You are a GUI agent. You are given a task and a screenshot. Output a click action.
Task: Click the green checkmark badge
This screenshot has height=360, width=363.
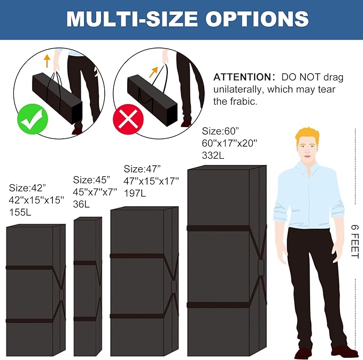coord(33,119)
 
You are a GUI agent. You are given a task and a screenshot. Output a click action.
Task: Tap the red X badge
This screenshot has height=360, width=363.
coord(128,119)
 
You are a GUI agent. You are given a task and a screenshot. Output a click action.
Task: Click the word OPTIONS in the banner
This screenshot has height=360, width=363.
coord(257,19)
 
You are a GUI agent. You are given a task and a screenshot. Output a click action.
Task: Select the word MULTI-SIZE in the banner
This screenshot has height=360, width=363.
coord(132,19)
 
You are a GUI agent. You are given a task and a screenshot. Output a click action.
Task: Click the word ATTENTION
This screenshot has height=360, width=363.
coord(244,77)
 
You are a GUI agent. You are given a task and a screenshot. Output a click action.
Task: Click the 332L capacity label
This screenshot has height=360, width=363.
coord(213,155)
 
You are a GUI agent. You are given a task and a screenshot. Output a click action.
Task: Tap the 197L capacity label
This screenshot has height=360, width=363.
coord(135,193)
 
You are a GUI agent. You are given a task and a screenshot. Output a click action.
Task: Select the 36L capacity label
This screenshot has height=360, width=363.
coord(81,204)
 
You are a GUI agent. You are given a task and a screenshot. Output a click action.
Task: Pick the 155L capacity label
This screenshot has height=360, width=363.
coord(20,212)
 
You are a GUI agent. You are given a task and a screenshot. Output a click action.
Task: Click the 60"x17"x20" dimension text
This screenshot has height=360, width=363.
coord(229,143)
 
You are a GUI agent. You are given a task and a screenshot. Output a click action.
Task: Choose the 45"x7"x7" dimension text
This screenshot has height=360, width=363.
coord(95,192)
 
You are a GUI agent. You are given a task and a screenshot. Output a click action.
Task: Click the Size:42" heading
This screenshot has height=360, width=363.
coord(27,188)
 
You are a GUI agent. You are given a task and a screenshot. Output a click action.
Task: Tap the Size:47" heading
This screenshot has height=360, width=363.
coord(142,169)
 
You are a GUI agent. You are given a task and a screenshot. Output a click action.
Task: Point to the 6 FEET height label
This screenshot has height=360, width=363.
coord(355,241)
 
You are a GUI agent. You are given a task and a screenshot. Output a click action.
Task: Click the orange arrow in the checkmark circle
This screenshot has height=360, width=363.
coord(47,61)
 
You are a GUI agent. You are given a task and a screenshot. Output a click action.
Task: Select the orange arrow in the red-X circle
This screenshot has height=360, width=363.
coord(153,72)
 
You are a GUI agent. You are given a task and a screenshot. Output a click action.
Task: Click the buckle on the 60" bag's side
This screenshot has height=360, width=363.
coord(261,267)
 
